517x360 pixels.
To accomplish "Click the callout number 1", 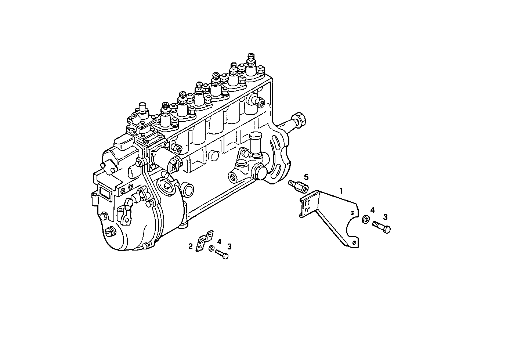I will pos(341,191).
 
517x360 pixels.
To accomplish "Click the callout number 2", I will pos(190,246).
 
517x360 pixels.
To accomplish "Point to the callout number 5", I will pos(306,177).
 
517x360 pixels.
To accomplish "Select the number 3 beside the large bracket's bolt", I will pos(385,217).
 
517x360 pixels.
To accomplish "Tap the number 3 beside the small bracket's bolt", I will pos(229,246).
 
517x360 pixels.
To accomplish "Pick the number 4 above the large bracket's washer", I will pos(372,210).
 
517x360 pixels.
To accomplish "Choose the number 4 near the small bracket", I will pos(219,242).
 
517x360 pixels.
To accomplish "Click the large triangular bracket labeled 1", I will pos(330,217).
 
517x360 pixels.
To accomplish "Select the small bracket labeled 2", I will pos(203,241).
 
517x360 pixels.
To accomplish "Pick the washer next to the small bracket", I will pos(211,249).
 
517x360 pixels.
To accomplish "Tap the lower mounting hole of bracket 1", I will pos(354,243).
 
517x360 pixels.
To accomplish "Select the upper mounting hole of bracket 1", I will pos(352,213).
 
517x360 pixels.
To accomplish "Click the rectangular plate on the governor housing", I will pos(104,194).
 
